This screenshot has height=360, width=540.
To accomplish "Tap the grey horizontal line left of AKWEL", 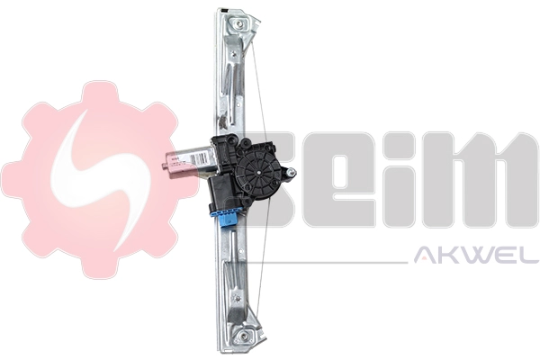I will coord(333,262).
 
